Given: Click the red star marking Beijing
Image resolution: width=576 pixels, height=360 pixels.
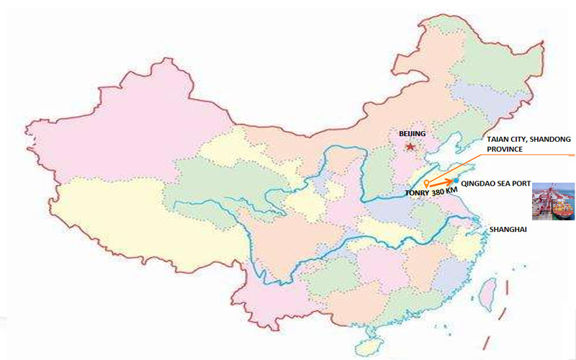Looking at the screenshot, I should tap(410, 147).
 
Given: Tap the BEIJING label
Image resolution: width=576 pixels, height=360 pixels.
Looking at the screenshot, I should tap(413, 134).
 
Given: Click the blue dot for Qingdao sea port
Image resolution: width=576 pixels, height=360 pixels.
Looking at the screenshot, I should tap(456, 179).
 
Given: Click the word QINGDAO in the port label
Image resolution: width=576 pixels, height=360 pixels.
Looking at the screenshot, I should tap(478, 184).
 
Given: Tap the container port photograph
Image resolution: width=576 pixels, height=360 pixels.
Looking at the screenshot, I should tap(553, 201).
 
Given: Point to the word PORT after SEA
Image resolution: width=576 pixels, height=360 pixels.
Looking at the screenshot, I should tap(520, 184).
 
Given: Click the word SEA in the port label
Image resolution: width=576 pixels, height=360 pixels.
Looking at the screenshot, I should tap(501, 184).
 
